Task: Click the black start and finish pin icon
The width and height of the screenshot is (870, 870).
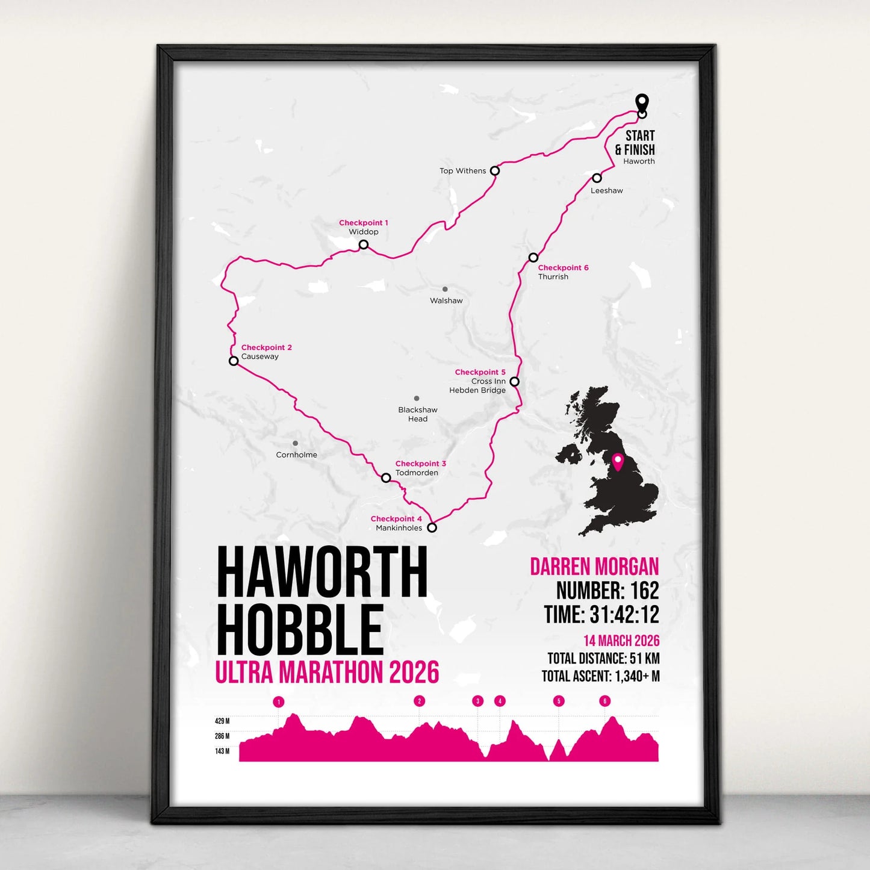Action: click(x=642, y=102)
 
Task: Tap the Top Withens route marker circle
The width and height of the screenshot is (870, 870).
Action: click(x=494, y=171)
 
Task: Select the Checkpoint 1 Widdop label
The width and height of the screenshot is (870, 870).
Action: click(x=364, y=227)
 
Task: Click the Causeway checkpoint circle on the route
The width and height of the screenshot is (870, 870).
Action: click(x=234, y=361)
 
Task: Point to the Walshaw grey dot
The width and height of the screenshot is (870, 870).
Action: click(x=445, y=290)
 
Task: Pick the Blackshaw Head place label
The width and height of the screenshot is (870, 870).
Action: click(x=418, y=414)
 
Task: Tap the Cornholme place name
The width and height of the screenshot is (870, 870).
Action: click(x=296, y=455)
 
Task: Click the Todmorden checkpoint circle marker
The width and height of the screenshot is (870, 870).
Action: click(x=386, y=478)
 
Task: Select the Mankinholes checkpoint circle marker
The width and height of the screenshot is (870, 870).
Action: click(x=432, y=528)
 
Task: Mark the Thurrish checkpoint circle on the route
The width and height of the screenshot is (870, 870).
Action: click(x=533, y=258)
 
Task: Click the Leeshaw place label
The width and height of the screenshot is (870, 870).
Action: click(x=606, y=190)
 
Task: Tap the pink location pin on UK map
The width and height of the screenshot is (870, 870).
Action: click(x=617, y=461)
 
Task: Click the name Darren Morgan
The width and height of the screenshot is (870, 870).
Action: click(x=594, y=567)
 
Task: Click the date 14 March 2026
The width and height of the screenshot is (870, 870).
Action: click(x=621, y=641)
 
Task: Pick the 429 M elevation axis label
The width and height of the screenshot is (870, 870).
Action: click(x=222, y=721)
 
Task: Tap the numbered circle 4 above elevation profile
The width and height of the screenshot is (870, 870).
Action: click(x=499, y=701)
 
